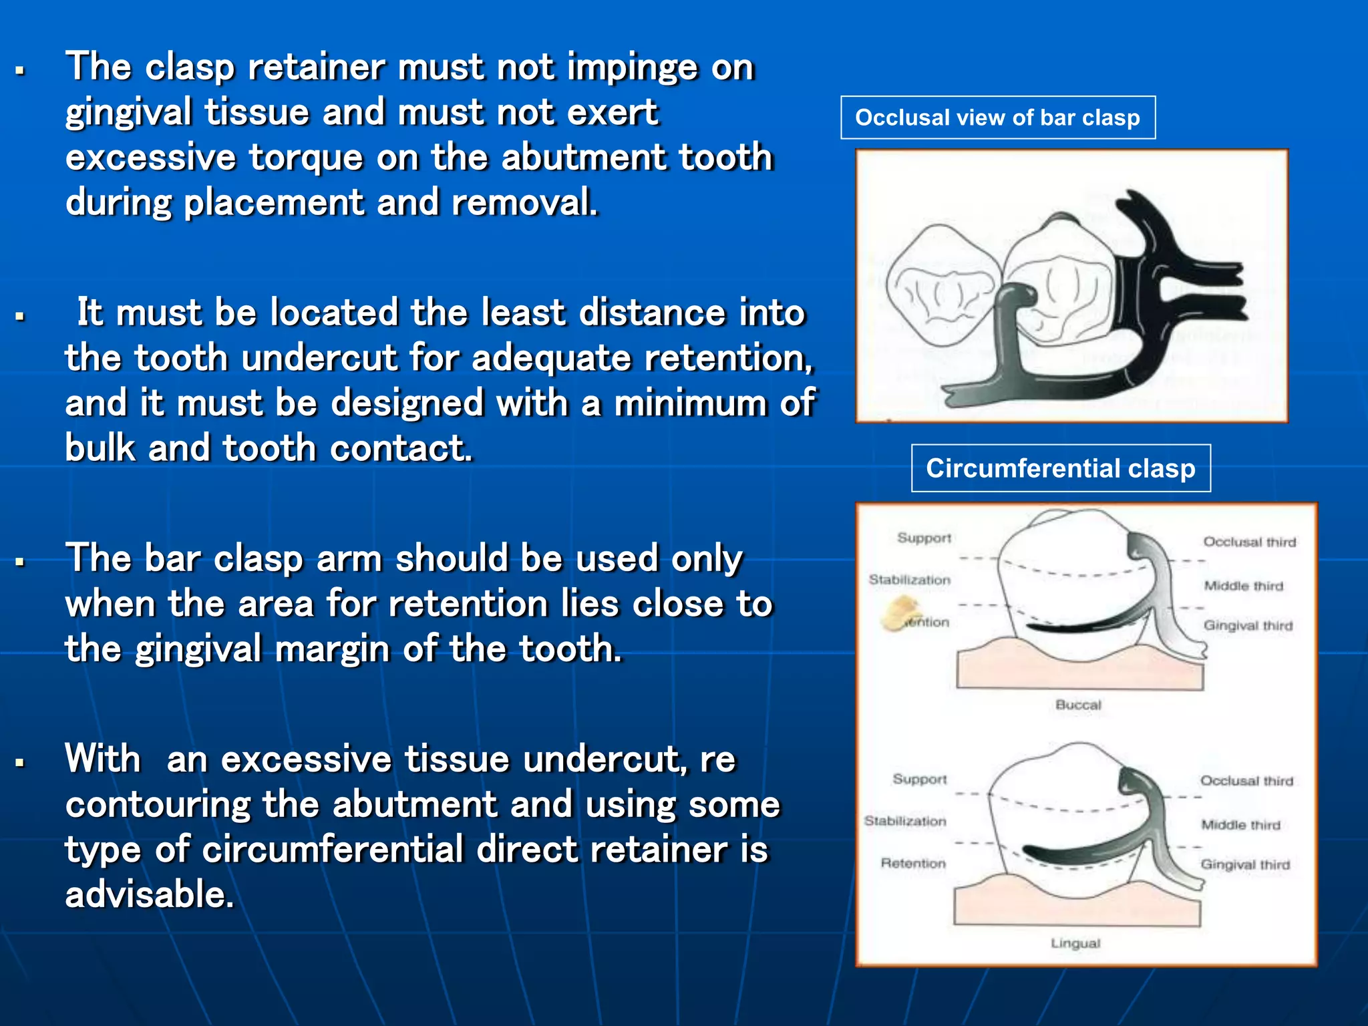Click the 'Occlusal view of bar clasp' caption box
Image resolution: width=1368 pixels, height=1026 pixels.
pyautogui.click(x=997, y=118)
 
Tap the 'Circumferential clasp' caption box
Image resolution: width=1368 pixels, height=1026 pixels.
pyautogui.click(x=1060, y=468)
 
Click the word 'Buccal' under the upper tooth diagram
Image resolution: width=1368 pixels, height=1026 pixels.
pyautogui.click(x=1077, y=705)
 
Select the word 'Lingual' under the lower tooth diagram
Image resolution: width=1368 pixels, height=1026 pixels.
pyautogui.click(x=1075, y=943)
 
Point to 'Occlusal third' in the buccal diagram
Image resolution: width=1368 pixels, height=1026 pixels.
pyautogui.click(x=1249, y=542)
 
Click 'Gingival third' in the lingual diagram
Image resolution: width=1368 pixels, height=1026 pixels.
pyautogui.click(x=1245, y=864)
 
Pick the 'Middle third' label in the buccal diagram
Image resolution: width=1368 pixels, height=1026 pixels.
pyautogui.click(x=1243, y=586)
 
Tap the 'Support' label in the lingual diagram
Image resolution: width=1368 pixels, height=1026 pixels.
pyautogui.click(x=920, y=779)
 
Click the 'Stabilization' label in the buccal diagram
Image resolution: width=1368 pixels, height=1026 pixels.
pyautogui.click(x=909, y=580)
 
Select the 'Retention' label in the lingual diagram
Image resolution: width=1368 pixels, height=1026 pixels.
pyautogui.click(x=912, y=863)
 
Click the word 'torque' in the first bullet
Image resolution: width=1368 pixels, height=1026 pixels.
pyautogui.click(x=307, y=158)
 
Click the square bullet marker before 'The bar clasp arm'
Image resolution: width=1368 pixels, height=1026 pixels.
pyautogui.click(x=21, y=562)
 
